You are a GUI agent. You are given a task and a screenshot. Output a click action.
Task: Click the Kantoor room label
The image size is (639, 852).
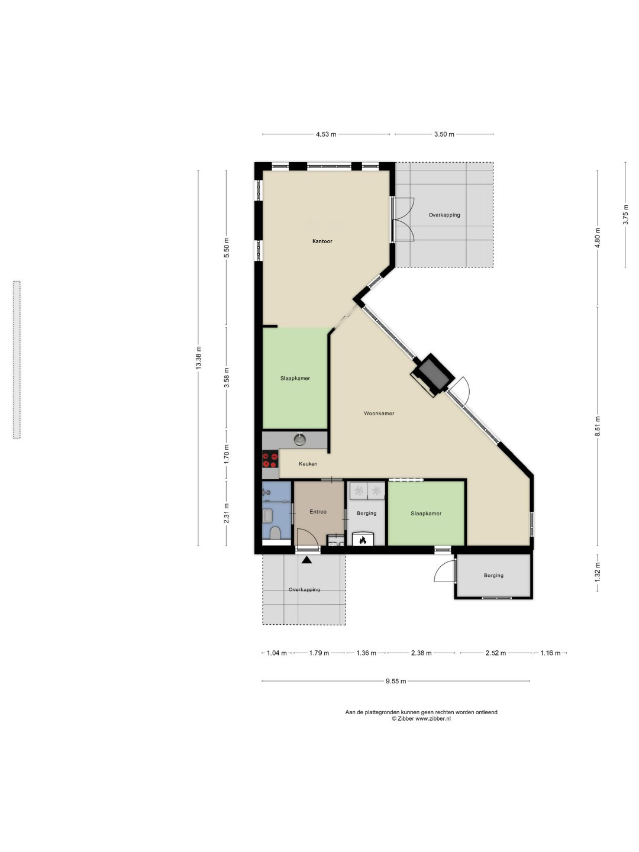tap(322, 241)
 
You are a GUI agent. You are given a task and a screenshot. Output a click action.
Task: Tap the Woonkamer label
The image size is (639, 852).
tap(379, 414)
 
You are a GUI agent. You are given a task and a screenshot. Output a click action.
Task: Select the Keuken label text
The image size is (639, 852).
tap(308, 464)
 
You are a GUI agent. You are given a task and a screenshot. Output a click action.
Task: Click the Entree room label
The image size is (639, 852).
tap(318, 512)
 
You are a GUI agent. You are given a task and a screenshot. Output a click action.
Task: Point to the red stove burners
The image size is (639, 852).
tap(270, 460)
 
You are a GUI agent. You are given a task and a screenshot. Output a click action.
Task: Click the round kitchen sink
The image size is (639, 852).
tap(299, 440)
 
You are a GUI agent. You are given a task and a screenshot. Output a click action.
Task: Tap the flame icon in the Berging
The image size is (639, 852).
tap(363, 540)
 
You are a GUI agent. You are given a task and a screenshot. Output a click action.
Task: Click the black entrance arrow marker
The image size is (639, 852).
tap(307, 560)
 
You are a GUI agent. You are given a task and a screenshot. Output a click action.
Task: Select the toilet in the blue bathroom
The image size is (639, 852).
tap(275, 532)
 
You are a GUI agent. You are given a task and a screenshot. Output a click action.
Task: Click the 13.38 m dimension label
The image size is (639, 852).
tap(198, 357)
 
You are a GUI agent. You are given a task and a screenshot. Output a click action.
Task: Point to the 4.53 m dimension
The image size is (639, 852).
tap(326, 134)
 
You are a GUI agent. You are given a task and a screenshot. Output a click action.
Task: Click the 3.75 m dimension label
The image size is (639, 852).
tap(625, 214)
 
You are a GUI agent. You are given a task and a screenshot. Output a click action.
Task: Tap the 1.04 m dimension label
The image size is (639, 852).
tap(277, 653)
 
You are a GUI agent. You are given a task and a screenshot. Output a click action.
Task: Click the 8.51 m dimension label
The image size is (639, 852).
tap(598, 426)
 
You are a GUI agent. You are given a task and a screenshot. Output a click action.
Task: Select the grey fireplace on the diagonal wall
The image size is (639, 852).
tap(433, 375)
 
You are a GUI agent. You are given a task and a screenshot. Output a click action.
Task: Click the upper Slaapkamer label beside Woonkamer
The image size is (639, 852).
tap(295, 378)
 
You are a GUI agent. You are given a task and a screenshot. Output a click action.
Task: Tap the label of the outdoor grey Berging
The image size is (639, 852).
tap(493, 575)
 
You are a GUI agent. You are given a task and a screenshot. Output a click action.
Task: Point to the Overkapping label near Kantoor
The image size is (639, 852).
tap(444, 215)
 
